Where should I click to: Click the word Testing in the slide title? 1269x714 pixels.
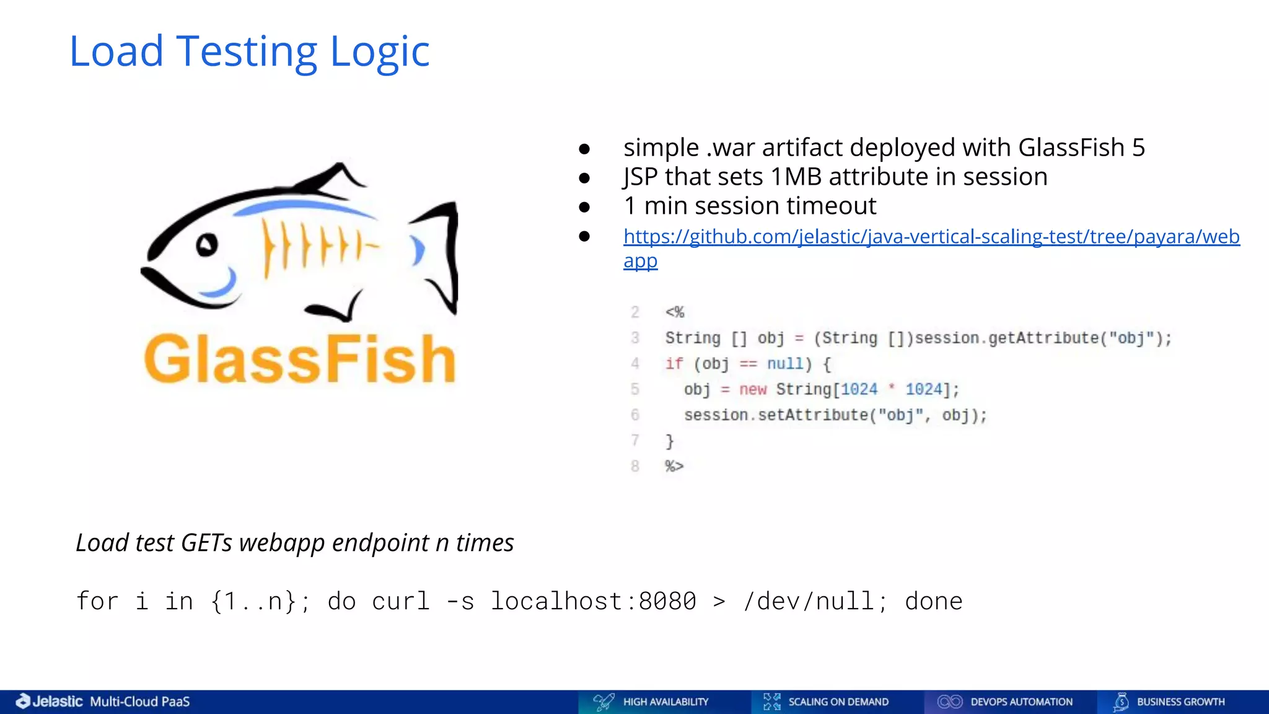click(x=247, y=52)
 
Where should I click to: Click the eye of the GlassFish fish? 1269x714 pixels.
click(x=207, y=245)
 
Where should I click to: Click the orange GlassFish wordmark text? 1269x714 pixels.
click(x=300, y=359)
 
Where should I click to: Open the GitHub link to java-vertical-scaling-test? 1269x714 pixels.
click(x=931, y=237)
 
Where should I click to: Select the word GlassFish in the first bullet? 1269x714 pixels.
click(x=1071, y=148)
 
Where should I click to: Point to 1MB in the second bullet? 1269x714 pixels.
click(x=796, y=177)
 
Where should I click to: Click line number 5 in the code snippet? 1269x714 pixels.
click(x=634, y=389)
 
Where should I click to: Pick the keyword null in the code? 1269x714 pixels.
click(x=784, y=364)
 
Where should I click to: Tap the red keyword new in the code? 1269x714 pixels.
click(x=752, y=389)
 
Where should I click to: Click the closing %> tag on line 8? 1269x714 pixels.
click(x=674, y=466)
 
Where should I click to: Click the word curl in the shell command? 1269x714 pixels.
click(x=401, y=601)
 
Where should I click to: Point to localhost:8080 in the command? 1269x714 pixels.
click(x=593, y=601)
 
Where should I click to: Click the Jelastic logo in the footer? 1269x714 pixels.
click(x=50, y=702)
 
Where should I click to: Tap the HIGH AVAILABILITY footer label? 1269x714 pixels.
click(x=665, y=702)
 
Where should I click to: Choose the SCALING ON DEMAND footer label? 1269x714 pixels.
click(x=838, y=702)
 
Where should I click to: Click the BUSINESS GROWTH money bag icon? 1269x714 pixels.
click(x=1120, y=702)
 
